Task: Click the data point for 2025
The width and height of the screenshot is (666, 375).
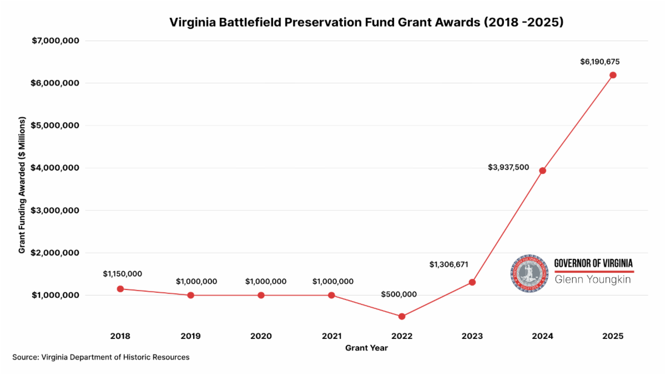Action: [x=613, y=75]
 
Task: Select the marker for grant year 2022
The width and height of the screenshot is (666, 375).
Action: [x=402, y=317]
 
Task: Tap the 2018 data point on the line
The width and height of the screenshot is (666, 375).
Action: [x=120, y=289]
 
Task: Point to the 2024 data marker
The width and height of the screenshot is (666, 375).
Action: [x=542, y=171]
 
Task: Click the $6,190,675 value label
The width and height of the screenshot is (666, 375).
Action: [x=600, y=62]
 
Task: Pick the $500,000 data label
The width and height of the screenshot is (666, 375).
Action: [x=398, y=294]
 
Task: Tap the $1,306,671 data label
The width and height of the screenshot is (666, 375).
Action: [x=448, y=264]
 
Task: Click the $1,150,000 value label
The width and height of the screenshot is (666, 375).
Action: [x=123, y=274]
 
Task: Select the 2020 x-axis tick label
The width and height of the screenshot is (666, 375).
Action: [x=261, y=336]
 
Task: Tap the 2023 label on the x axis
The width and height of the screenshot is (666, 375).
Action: [x=472, y=336]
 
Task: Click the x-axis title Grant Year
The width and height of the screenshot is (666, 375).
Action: [x=366, y=348]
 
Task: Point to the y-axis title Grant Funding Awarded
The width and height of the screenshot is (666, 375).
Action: [x=22, y=185]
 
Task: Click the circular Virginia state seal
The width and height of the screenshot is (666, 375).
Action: [x=529, y=273]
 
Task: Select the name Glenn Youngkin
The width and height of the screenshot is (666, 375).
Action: [x=593, y=279]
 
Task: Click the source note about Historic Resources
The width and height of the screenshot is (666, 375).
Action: [x=100, y=357]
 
